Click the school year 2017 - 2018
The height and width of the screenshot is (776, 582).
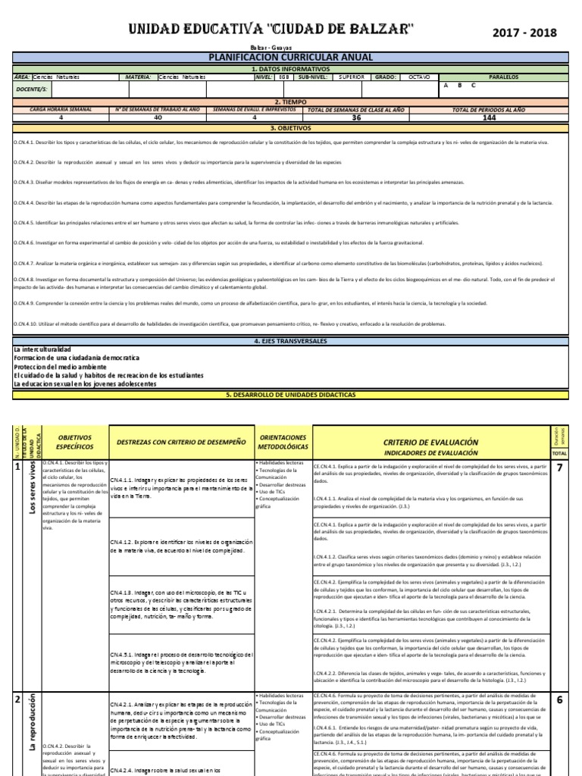524,33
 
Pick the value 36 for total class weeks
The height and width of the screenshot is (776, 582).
356,118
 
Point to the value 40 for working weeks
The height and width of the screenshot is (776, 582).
158,118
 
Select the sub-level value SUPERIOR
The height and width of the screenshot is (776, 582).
352,77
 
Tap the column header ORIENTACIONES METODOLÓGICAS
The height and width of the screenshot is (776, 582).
283,442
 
